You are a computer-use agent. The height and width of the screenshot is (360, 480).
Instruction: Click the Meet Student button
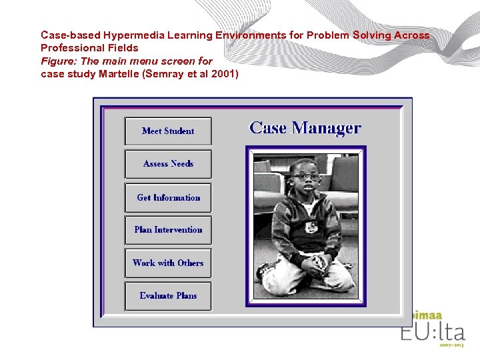168,131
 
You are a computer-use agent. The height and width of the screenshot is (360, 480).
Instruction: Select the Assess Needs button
168,164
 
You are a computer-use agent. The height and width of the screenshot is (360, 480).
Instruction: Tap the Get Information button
168,197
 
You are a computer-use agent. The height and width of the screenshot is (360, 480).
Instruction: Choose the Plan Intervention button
168,230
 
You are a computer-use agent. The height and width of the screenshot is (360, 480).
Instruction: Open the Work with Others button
168,263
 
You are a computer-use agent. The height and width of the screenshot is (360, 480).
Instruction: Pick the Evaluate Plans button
168,296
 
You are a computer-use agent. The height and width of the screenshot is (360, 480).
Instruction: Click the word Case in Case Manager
268,128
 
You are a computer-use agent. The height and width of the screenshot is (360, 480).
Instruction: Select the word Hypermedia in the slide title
130,35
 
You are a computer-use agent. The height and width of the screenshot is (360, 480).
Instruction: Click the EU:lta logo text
433,331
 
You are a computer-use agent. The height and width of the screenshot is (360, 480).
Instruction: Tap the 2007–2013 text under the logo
451,345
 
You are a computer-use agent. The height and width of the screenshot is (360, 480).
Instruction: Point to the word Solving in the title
376,35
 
